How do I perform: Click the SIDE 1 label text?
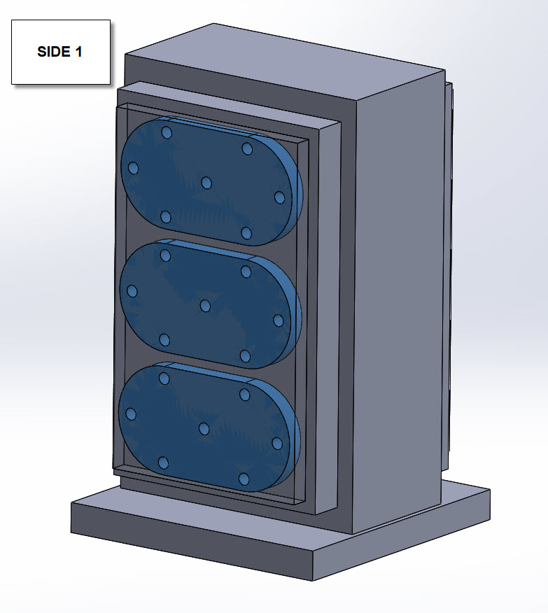(60, 52)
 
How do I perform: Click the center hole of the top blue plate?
(206, 183)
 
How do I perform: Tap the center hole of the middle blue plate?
(205, 306)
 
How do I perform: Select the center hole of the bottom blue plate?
(204, 428)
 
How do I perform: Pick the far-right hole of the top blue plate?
(280, 197)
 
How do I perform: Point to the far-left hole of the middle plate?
(132, 291)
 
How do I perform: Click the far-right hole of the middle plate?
(279, 320)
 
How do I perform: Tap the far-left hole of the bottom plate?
(130, 414)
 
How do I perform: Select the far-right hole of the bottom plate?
(277, 444)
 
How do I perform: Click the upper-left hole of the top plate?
(167, 132)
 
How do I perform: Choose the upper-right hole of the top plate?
(247, 148)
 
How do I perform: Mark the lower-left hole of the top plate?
(166, 216)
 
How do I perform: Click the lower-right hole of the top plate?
(246, 232)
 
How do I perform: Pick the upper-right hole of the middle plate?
(246, 272)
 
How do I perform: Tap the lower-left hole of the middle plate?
(164, 340)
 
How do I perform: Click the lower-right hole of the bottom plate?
(244, 479)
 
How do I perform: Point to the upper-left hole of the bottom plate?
(164, 379)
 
